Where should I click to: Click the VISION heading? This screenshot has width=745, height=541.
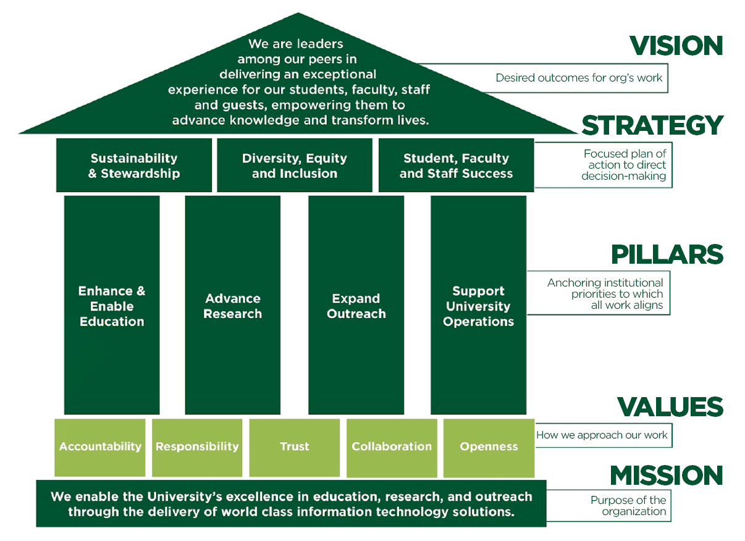[676, 46]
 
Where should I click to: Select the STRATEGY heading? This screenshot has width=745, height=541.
[652, 125]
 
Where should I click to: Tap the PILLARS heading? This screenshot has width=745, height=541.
[667, 254]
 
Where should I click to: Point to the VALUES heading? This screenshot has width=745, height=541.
[670, 407]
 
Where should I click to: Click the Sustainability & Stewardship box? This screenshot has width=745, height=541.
[134, 166]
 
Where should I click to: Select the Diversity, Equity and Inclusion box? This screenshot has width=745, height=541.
[295, 166]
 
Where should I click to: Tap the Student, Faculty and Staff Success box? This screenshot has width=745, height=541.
[456, 166]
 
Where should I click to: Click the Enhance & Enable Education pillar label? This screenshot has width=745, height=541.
[112, 306]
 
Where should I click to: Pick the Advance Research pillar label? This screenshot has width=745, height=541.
[233, 306]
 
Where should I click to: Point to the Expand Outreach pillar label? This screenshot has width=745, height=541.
[356, 306]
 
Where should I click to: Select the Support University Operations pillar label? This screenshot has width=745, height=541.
[478, 306]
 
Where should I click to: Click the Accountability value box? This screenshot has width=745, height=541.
[100, 447]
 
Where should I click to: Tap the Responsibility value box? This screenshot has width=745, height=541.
[197, 447]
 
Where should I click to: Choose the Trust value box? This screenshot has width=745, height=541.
[295, 447]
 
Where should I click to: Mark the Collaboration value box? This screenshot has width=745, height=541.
[392, 447]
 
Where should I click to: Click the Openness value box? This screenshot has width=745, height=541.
[489, 447]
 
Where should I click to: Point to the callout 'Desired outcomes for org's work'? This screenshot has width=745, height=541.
[579, 78]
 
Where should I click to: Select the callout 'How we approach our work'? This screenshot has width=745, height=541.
[602, 435]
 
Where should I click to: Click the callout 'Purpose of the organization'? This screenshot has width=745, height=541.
[628, 506]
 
